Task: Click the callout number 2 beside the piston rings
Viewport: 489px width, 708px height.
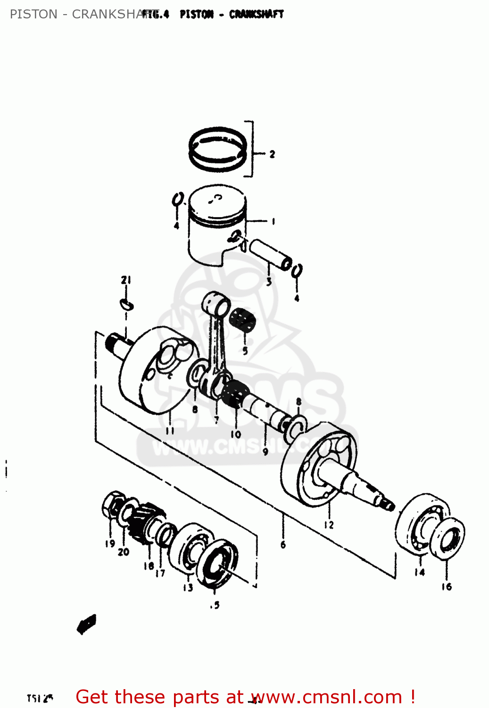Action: pyautogui.click(x=272, y=154)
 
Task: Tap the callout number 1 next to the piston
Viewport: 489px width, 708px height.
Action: pyautogui.click(x=273, y=221)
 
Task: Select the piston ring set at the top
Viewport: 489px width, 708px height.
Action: pyautogui.click(x=218, y=149)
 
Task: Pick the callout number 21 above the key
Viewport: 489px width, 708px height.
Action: pyautogui.click(x=125, y=280)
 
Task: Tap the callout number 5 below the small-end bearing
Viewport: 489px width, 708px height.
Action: pyautogui.click(x=245, y=351)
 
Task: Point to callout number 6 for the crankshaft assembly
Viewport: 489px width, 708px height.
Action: pyautogui.click(x=283, y=544)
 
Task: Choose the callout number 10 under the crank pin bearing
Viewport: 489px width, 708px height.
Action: pyautogui.click(x=236, y=434)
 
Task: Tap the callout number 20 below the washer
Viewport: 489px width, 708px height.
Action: pyautogui.click(x=124, y=551)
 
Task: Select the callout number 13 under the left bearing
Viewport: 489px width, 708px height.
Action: pyautogui.click(x=188, y=587)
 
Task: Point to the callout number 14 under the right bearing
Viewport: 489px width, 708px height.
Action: pyautogui.click(x=420, y=572)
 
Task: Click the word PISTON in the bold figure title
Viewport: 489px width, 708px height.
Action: pyautogui.click(x=197, y=14)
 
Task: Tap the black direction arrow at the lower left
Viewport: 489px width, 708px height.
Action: pyautogui.click(x=87, y=624)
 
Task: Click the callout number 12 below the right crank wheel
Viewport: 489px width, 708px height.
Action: pyautogui.click(x=329, y=524)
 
